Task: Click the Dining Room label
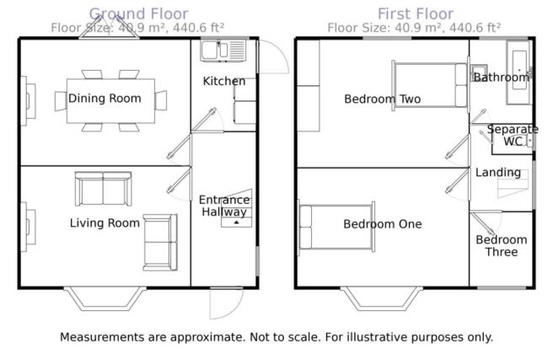(x=105, y=98)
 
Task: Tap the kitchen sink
(x=223, y=51)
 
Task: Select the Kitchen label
(x=224, y=81)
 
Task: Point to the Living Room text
(x=105, y=223)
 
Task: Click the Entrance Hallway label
(x=224, y=206)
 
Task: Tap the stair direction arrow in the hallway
(x=236, y=222)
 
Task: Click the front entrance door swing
(x=226, y=304)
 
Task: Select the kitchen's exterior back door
(x=273, y=56)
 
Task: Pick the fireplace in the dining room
(x=28, y=101)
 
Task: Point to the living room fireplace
(x=28, y=227)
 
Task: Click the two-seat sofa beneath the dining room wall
(x=104, y=189)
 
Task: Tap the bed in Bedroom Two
(x=430, y=85)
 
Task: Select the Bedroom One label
(x=383, y=224)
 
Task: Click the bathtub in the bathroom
(x=519, y=73)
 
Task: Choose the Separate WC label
(x=513, y=135)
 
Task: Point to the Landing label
(x=498, y=172)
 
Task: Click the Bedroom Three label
(x=501, y=245)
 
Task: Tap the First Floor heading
(x=416, y=14)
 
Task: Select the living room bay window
(x=105, y=299)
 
